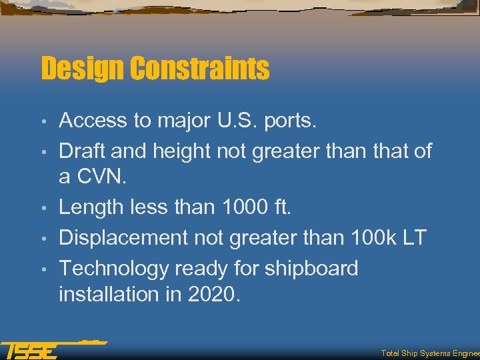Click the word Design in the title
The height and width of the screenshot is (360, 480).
coord(82,69)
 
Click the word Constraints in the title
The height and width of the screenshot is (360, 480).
coord(199,69)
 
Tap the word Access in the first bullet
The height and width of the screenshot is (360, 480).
coord(93,121)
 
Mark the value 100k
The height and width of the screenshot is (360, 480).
coord(365,238)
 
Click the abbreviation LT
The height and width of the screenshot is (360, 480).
coord(412,238)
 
